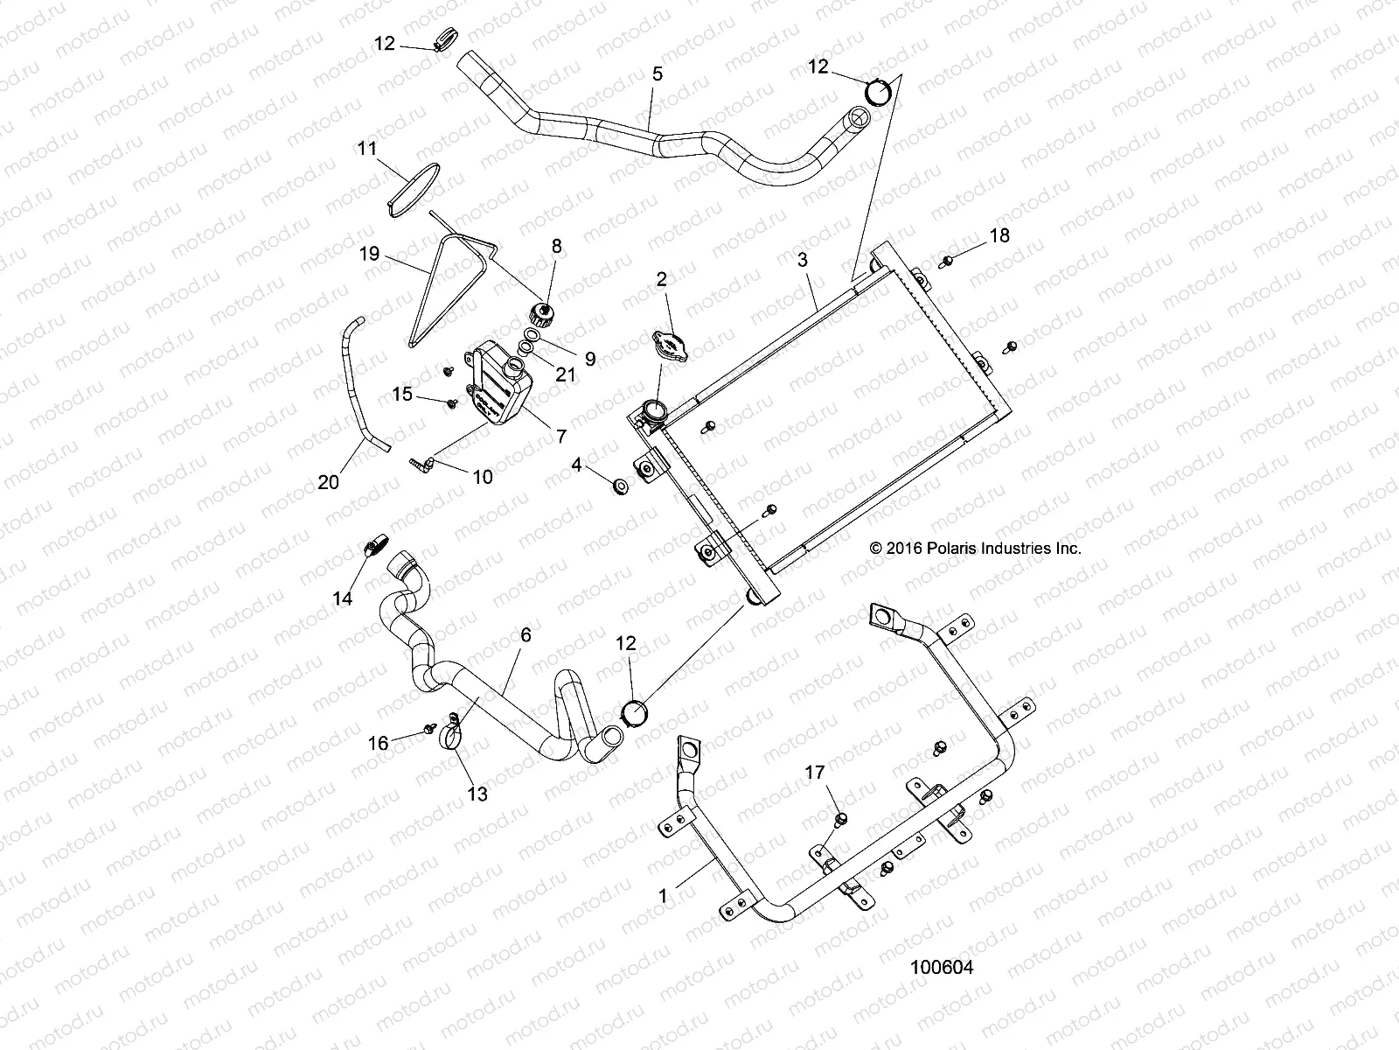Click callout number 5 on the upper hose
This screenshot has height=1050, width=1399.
[x=657, y=73]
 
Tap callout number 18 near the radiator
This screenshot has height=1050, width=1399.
[x=999, y=235]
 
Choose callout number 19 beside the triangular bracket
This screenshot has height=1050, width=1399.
[x=369, y=254]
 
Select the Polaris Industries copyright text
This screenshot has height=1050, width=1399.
[x=976, y=549]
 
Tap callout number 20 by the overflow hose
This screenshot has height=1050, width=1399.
[x=328, y=481]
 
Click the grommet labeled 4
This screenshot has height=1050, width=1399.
[x=620, y=486]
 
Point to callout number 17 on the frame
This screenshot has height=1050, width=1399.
[x=814, y=773]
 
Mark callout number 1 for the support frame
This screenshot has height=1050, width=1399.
[x=663, y=896]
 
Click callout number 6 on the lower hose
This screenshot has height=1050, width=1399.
[x=525, y=635]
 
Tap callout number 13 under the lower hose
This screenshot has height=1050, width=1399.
[x=477, y=794]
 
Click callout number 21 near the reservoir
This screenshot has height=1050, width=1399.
[x=566, y=374]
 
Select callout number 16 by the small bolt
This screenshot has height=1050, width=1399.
[x=378, y=743]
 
